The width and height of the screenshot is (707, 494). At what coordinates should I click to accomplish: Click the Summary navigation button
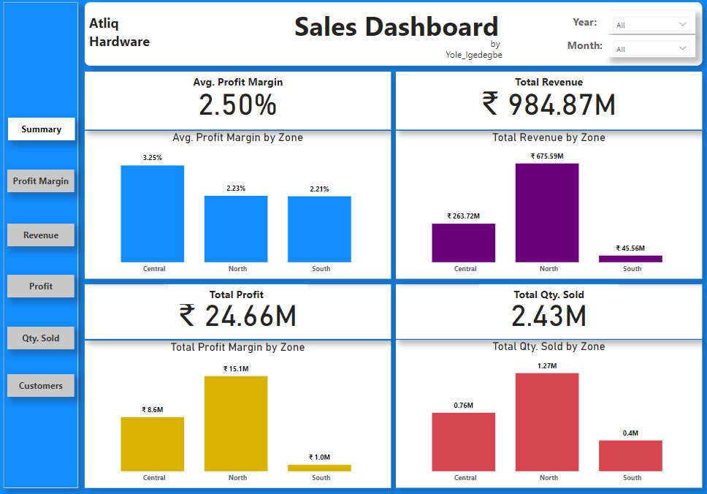coord(41,129)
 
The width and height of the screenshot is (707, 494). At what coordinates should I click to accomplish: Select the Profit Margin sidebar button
coord(41,181)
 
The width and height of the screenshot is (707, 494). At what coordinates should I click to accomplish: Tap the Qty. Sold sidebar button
coord(41,338)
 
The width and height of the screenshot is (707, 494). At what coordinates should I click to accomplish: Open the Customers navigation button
coord(41,386)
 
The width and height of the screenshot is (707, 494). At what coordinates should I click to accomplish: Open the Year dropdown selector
coord(651,25)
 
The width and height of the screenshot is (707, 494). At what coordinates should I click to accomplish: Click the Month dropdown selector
coord(651,49)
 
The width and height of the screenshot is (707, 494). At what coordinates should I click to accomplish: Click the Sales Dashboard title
coord(396,27)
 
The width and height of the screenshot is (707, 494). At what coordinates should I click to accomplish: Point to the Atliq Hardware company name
coord(119,33)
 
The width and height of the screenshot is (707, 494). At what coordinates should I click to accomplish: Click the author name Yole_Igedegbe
coord(474,55)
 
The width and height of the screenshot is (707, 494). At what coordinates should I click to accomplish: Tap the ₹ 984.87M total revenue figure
coord(549,105)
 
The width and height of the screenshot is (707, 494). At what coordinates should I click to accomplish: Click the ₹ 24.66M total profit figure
coord(237,316)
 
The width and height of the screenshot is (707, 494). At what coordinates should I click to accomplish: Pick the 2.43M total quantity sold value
coord(549,316)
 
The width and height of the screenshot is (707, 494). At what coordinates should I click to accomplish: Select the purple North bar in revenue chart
coord(547,213)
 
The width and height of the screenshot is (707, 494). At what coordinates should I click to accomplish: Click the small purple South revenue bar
coord(630,259)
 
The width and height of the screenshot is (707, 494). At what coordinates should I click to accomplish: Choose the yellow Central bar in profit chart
coord(153,444)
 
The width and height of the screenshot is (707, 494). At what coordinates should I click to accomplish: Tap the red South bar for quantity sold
coord(630,456)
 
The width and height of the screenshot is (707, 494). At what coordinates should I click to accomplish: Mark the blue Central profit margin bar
coord(153,213)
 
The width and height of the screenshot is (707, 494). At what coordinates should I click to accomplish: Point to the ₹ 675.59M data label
coord(547,156)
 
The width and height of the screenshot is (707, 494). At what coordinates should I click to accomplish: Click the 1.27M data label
coord(547,365)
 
